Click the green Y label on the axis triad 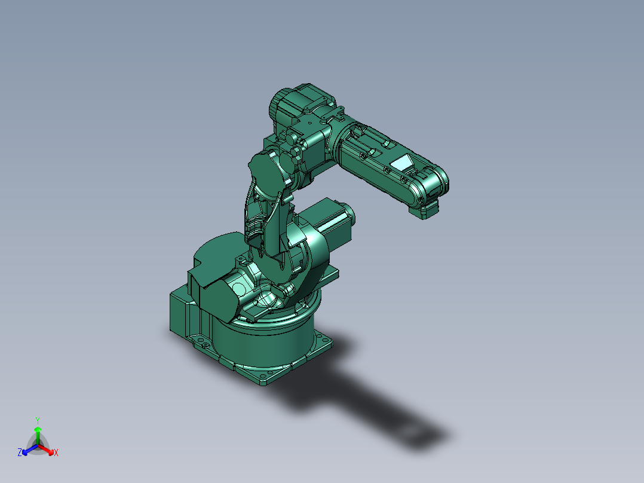[37, 420]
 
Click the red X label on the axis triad [56, 453]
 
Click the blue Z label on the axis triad [20, 453]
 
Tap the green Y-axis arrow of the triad [38, 433]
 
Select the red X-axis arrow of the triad [47, 450]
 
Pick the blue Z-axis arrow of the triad [27, 450]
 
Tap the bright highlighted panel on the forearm [402, 162]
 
